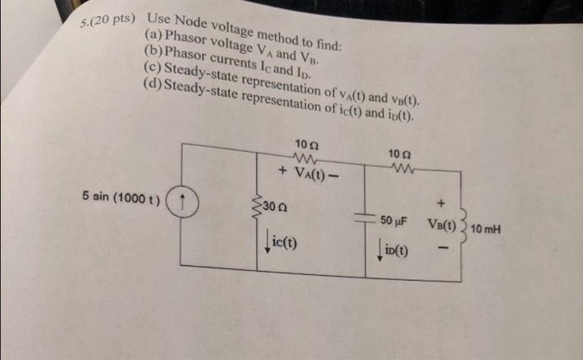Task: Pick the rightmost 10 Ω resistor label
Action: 399,152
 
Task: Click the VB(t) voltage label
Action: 441,225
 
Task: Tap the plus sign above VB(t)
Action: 441,201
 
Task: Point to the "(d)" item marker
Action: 153,84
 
